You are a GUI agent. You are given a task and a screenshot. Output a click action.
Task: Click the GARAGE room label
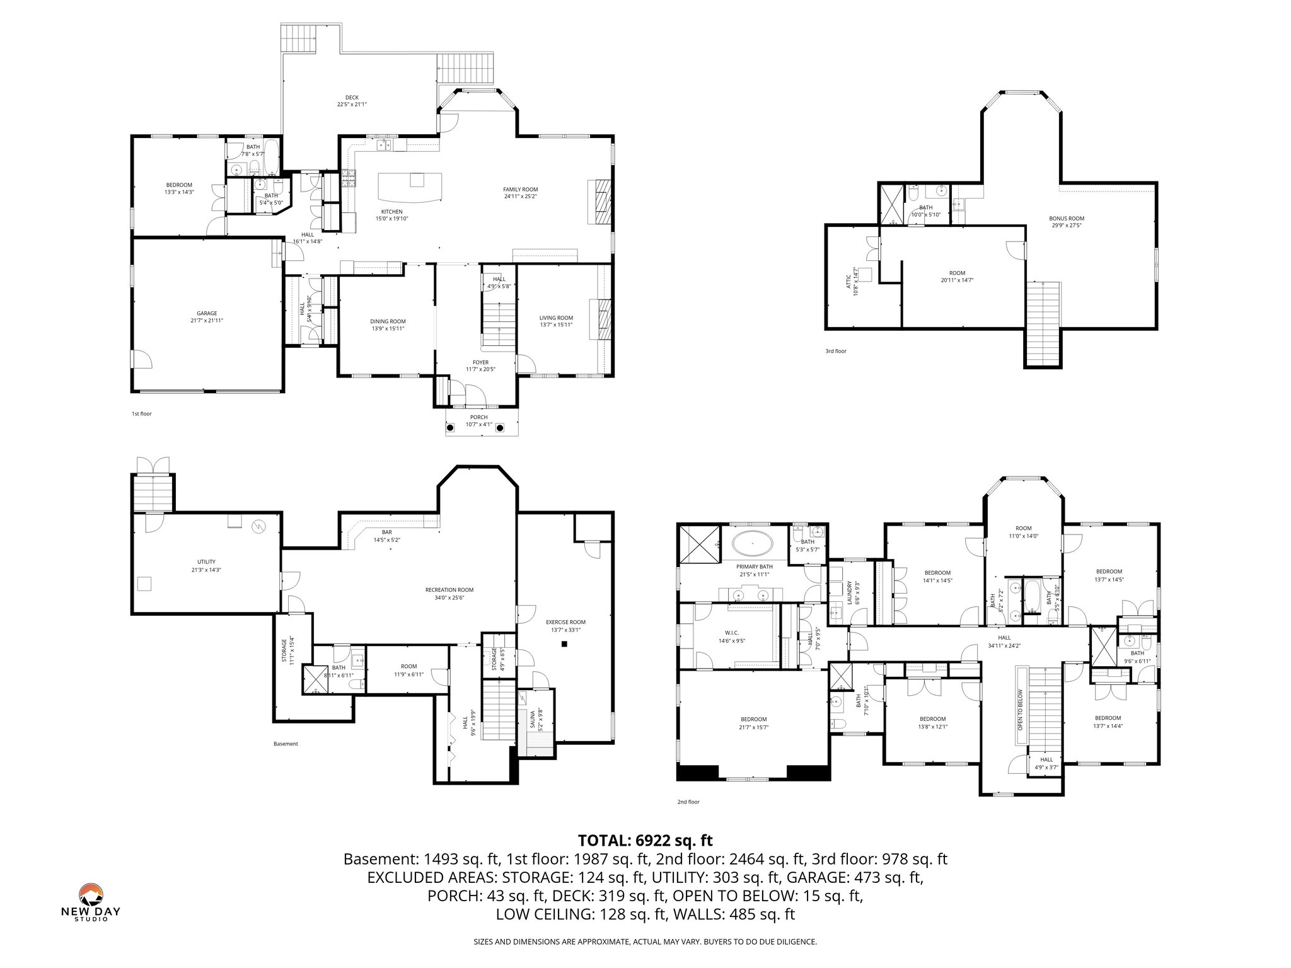pos(207,313)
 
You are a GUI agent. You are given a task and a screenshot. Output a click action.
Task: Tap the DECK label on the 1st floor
pos(352,98)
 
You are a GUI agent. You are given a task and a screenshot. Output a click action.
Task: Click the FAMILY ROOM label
pos(520,190)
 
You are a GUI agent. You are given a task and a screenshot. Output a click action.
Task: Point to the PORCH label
pos(478,417)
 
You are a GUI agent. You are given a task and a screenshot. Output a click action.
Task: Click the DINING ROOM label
pos(388,321)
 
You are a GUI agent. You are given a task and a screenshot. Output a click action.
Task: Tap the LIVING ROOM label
pos(556,318)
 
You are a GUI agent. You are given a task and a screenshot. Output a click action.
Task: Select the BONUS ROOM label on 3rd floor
pos(1067,219)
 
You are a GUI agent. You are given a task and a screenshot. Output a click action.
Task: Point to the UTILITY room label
pos(206,562)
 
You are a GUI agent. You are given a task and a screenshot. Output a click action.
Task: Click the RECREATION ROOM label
pos(449,590)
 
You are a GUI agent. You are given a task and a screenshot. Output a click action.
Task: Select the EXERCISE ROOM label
pos(565,622)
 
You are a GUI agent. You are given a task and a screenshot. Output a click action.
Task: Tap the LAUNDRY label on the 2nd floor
pos(850,592)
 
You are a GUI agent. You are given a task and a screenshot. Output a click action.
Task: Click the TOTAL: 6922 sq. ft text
pos(645,840)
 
